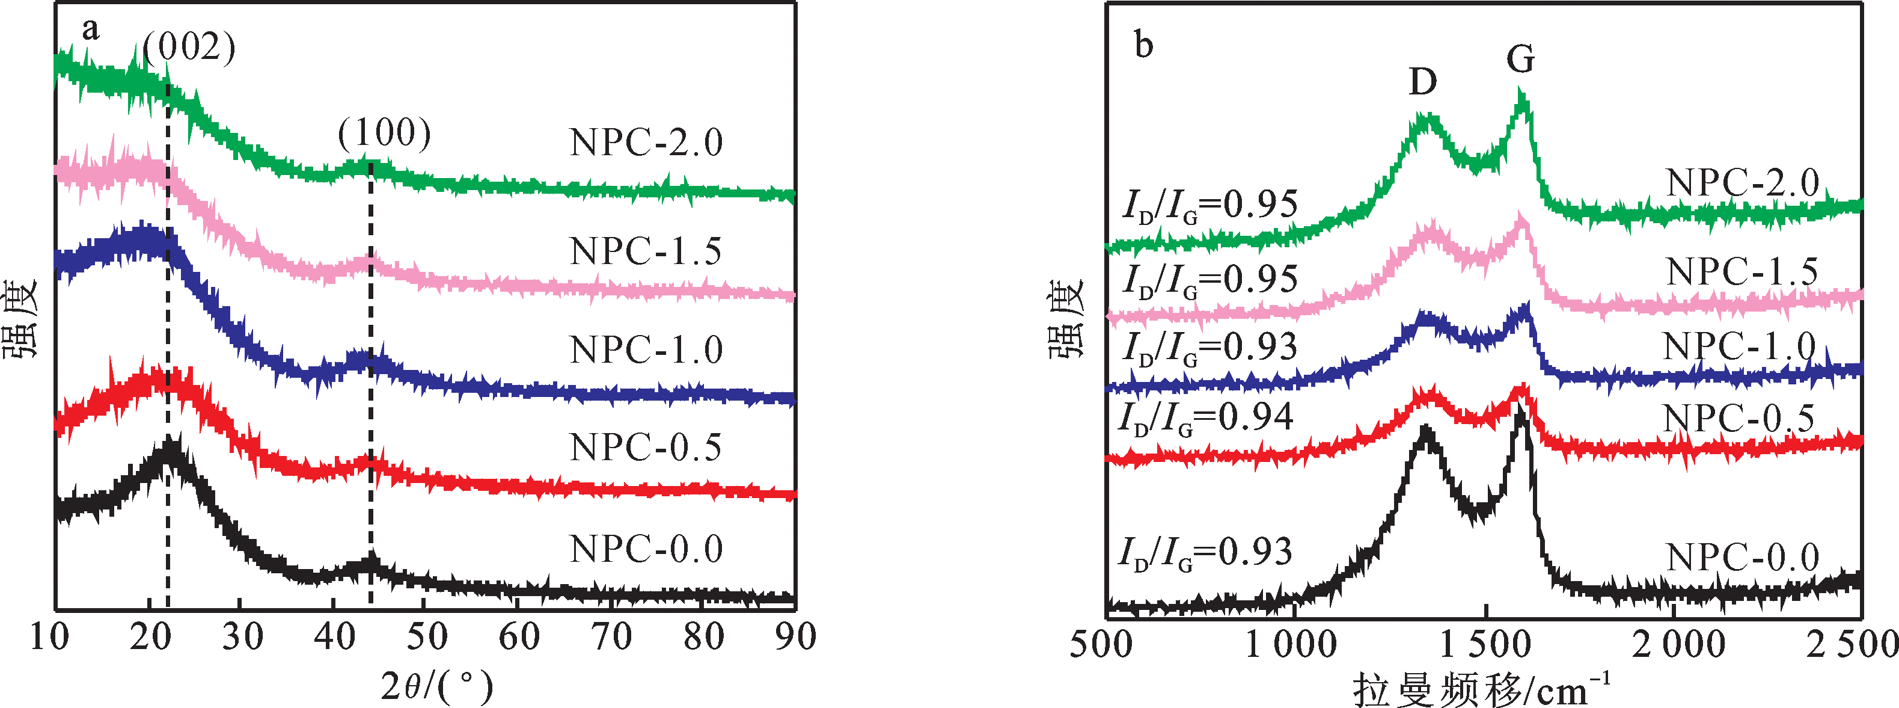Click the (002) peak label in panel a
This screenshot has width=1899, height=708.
189,49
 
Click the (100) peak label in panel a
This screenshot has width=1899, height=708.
384,134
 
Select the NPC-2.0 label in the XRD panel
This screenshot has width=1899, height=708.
646,143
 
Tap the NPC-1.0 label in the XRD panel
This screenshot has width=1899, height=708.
646,349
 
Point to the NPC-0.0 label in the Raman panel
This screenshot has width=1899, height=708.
1743,557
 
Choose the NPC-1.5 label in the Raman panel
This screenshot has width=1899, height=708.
1742,272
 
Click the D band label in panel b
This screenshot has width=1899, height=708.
1423,81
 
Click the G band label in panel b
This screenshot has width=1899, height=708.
1520,58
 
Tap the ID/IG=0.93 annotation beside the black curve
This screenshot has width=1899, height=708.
1206,554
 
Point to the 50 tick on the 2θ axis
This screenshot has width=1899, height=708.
427,636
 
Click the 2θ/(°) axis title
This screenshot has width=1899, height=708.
437,686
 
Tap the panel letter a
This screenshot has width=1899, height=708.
90,29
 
